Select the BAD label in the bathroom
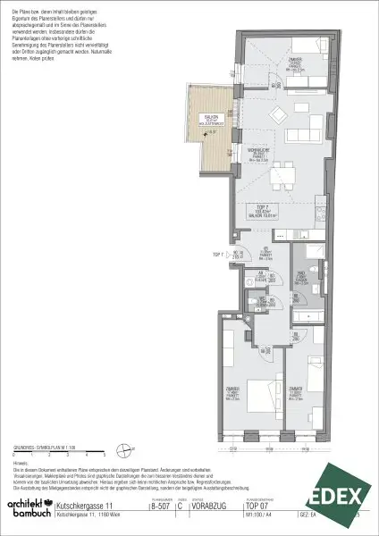(x=303, y=276)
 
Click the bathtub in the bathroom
(x=308, y=314)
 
